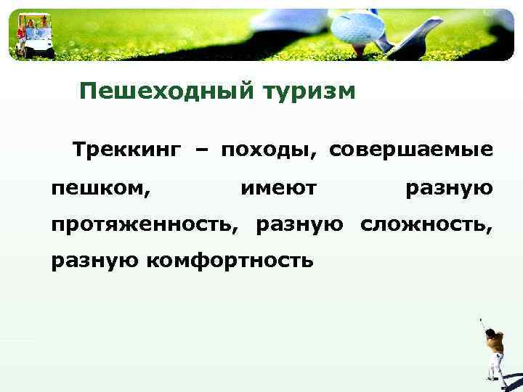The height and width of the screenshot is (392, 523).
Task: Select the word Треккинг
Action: click(x=126, y=150)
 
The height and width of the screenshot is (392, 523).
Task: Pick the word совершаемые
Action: click(x=411, y=150)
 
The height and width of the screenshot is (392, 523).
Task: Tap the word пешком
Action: click(x=101, y=189)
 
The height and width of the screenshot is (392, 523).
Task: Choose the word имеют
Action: click(x=278, y=189)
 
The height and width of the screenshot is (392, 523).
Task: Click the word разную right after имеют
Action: click(x=450, y=189)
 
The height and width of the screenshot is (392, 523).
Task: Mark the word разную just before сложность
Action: click(x=299, y=225)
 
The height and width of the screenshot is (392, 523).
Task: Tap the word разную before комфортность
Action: click(x=95, y=261)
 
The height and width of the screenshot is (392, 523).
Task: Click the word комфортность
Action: click(x=231, y=260)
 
